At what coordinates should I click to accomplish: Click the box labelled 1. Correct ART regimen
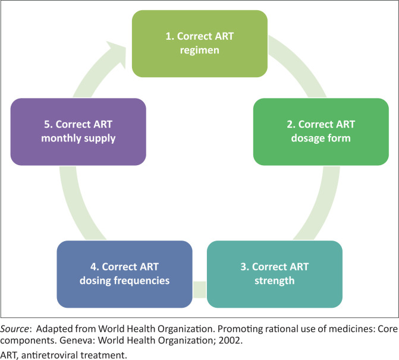tap(199, 43)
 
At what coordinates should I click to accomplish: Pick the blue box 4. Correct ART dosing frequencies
tap(124, 273)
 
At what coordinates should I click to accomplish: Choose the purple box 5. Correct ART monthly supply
tap(78, 131)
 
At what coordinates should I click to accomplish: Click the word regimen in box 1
tap(200, 50)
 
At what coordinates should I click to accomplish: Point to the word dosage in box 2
tap(308, 138)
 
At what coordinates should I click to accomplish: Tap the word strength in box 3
tap(274, 280)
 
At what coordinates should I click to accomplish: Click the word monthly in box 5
tap(70, 138)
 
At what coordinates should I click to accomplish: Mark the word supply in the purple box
tap(101, 138)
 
